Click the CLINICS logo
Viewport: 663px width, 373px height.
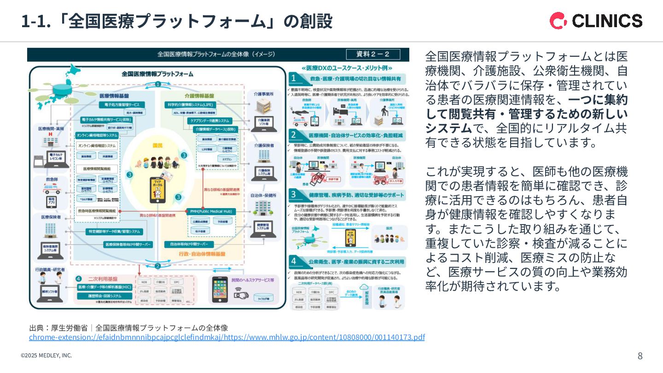click(x=596, y=21)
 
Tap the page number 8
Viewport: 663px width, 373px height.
click(x=640, y=356)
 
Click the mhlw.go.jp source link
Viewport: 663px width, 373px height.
click(x=227, y=338)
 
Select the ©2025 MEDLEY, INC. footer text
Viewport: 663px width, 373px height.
click(x=46, y=356)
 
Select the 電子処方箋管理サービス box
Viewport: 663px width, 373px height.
click(x=122, y=105)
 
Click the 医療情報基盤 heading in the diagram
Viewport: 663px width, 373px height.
click(x=114, y=96)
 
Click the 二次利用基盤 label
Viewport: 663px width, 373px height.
click(x=102, y=279)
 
